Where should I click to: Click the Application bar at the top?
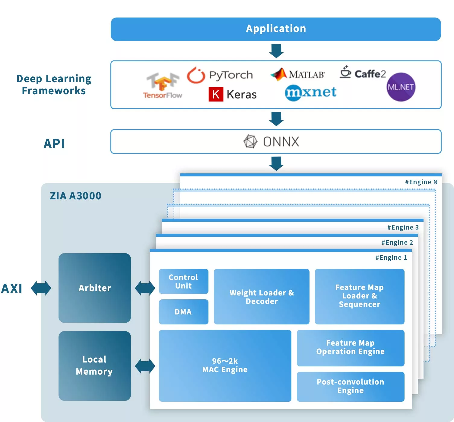[x=276, y=29]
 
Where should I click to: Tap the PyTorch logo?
[x=220, y=75]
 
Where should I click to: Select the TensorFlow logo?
[x=163, y=85]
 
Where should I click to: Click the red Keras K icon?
[x=216, y=94]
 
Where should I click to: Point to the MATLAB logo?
[x=298, y=74]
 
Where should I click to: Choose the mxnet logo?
[x=310, y=92]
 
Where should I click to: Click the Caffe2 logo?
[x=363, y=73]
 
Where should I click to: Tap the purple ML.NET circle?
[x=401, y=87]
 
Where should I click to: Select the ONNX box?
[x=276, y=142]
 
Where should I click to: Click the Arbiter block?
[x=95, y=288]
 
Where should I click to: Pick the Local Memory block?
[x=95, y=366]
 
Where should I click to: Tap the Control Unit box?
[x=183, y=281]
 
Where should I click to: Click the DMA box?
[x=183, y=312]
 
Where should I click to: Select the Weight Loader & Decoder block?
[x=262, y=297]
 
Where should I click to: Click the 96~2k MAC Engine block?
[x=225, y=366]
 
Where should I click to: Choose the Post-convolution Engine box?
[x=351, y=386]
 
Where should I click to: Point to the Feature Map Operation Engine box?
[x=351, y=348]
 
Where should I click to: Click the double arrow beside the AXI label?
[x=41, y=288]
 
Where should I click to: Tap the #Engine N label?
[x=421, y=182]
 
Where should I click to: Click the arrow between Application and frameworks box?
[x=276, y=51]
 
